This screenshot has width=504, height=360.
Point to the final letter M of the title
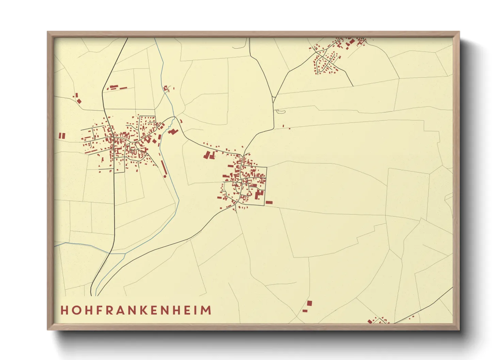click(x=206, y=310)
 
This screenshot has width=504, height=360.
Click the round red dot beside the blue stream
click(x=165, y=176)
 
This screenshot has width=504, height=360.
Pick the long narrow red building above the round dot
click(x=163, y=167)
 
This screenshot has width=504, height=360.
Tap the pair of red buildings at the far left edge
click(x=62, y=135)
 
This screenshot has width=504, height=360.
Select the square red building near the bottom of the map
click(x=309, y=303)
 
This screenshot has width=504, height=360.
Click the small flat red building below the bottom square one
click(x=305, y=311)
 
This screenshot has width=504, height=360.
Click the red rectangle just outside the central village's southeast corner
click(x=269, y=202)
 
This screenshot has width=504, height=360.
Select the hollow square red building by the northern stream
click(x=166, y=88)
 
